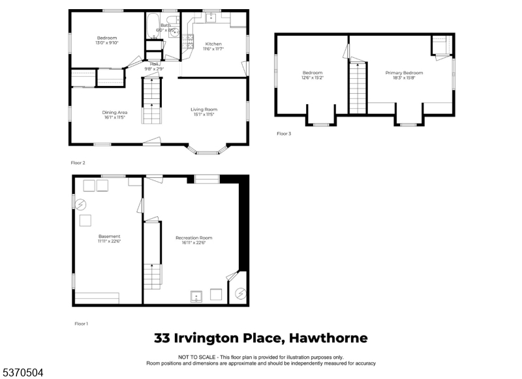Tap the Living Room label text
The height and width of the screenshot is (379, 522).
click(x=204, y=111)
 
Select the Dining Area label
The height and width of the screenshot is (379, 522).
click(x=114, y=115)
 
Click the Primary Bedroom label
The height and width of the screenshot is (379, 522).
click(x=404, y=75)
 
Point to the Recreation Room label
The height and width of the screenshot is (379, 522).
click(x=194, y=240)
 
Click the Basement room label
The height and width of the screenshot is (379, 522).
click(x=109, y=238)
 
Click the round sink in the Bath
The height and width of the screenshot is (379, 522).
click(x=174, y=31)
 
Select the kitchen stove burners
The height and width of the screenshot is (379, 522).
click(x=190, y=42)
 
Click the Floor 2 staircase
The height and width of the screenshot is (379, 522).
click(x=151, y=101)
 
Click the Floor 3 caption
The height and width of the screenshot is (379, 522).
click(x=284, y=133)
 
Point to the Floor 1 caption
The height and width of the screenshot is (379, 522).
click(x=82, y=323)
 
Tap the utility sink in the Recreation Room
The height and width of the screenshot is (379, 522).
click(x=198, y=296)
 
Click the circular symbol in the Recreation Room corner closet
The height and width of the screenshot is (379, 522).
click(x=241, y=294)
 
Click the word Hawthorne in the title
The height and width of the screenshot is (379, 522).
click(x=329, y=338)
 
